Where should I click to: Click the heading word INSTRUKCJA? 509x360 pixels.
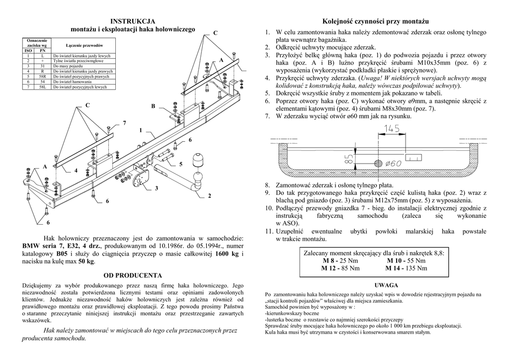133,21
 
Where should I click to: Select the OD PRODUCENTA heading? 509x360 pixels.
133,275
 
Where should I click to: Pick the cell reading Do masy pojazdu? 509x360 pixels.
69,66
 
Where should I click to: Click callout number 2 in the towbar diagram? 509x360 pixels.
209,195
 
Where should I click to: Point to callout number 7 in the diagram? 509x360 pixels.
124,123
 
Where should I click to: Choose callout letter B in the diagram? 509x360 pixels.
153,106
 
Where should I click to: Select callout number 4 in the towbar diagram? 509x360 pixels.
76,171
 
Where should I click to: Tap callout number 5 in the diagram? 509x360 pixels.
181,164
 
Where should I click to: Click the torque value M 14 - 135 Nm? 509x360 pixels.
406,269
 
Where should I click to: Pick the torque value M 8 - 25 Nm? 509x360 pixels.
340,261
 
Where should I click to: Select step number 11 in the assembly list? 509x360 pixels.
269,232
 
